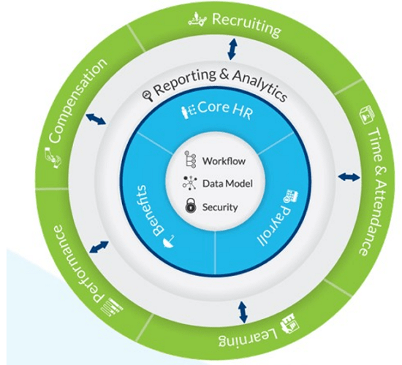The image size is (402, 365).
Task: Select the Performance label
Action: tap(77, 263)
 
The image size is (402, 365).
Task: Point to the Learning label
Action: tap(249, 337)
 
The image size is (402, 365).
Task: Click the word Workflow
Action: tap(224, 161)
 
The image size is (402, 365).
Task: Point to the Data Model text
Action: tap(227, 183)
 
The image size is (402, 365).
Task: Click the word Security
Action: tap(220, 207)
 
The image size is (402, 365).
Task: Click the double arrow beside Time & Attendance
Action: tap(349, 177)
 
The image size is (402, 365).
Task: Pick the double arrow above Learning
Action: tap(243, 312)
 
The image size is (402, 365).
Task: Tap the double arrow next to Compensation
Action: tap(96, 119)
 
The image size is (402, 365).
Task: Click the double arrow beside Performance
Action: tap(99, 247)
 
